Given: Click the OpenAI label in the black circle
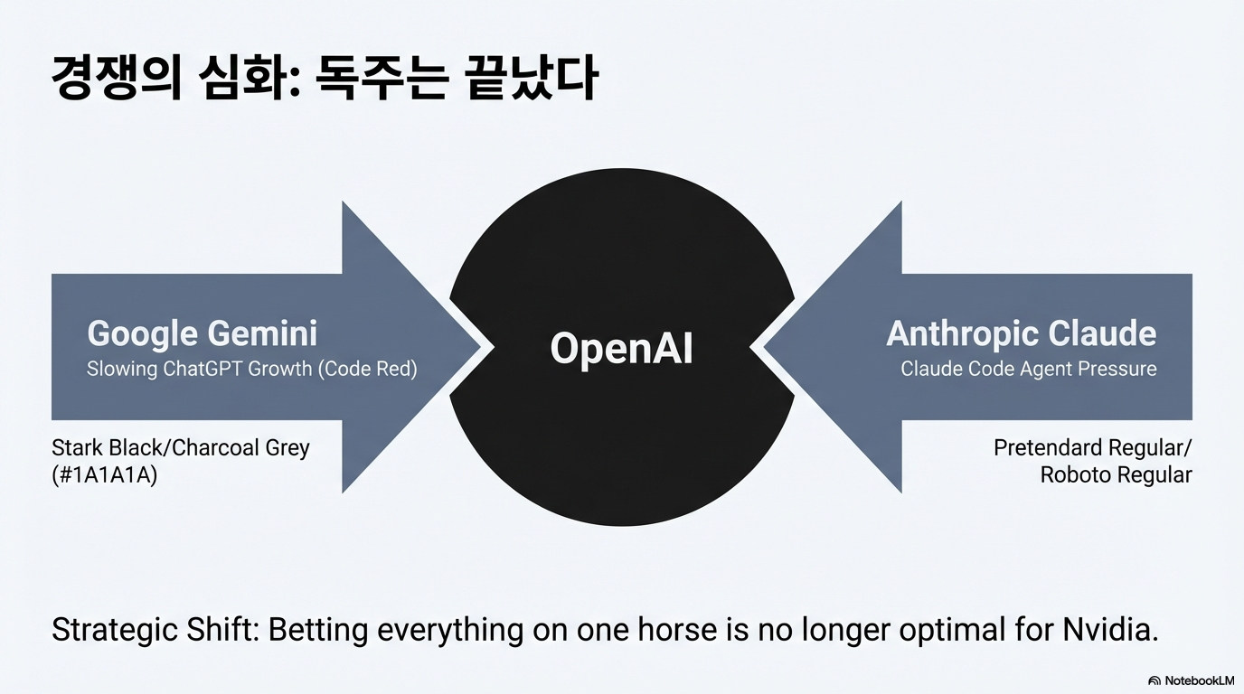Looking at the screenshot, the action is [621, 348].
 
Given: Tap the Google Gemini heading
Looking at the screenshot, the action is [203, 333].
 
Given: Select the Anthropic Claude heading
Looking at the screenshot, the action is [1022, 333].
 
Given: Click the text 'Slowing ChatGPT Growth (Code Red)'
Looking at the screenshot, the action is [251, 369].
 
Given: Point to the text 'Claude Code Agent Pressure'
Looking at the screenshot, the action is [1029, 369].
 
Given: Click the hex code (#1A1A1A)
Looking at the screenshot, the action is [104, 475].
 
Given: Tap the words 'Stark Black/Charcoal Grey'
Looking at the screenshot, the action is [181, 447].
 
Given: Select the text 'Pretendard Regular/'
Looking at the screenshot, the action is [1092, 447].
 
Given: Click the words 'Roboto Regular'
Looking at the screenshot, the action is [1116, 475].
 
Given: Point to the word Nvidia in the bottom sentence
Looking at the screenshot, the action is [1110, 630].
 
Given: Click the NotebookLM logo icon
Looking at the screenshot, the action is [1154, 680].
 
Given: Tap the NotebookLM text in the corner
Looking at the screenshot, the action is [1199, 680].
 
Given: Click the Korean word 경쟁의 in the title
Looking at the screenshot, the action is [116, 78].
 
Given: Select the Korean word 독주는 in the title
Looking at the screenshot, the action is [382, 78].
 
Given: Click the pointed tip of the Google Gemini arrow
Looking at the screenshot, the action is [479, 348].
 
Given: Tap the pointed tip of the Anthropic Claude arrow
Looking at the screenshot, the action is [764, 348].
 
